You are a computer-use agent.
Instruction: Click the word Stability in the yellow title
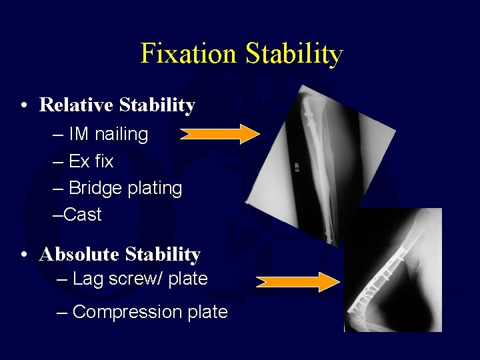point(294,54)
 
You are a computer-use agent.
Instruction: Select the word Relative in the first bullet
point(76,105)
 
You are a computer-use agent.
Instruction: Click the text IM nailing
point(100,134)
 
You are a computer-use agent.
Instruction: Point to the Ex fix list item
point(83,161)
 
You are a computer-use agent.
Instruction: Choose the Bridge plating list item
point(117,188)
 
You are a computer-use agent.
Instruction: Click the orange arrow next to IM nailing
point(219,134)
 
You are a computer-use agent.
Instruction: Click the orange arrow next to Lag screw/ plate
point(298,282)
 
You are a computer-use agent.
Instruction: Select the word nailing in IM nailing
point(121,134)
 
